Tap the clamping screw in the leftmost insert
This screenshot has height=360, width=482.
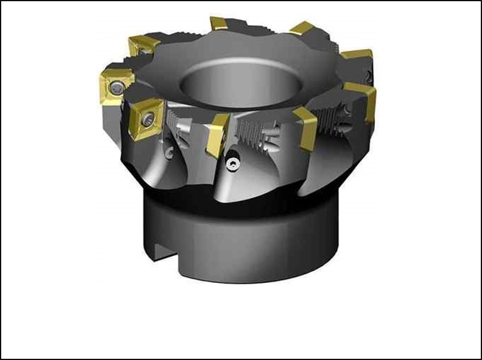(117, 89)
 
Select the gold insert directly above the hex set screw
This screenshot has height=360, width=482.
(216, 134)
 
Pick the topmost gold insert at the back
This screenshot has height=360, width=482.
(219, 24)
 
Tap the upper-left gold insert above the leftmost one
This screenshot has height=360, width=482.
(143, 44)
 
